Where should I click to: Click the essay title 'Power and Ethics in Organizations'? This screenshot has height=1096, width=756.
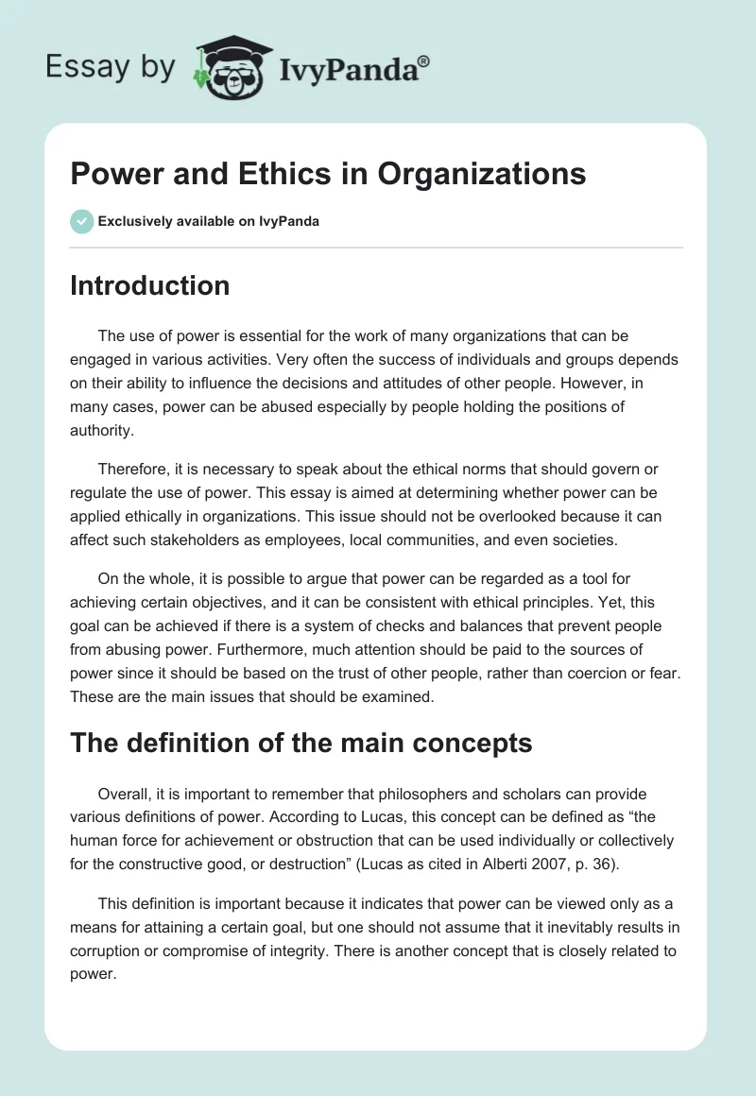point(328,174)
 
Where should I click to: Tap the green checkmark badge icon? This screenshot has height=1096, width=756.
point(81,221)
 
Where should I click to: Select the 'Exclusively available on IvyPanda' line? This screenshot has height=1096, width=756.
point(208,221)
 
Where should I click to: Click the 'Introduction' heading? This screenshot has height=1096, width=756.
point(149,285)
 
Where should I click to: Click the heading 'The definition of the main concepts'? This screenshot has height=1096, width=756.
point(301,743)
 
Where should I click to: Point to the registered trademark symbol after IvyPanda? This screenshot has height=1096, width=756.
point(424,60)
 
